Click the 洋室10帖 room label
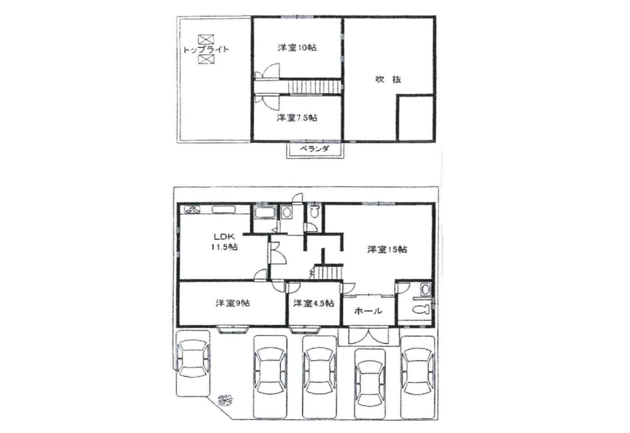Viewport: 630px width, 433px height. (297, 48)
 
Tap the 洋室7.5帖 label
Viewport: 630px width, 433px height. (297, 118)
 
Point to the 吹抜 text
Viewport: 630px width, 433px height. (388, 80)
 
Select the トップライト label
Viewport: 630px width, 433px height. (206, 50)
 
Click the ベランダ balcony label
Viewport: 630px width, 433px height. (314, 149)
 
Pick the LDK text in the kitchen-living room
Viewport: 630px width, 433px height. (224, 237)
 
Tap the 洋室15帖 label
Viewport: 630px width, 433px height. (387, 249)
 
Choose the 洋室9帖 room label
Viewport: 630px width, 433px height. (233, 303)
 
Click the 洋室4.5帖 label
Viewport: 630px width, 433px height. (314, 303)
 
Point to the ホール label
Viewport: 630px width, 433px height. (369, 311)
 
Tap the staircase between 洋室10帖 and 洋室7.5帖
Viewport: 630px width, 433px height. (315, 87)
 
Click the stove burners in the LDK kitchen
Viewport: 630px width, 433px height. (192, 210)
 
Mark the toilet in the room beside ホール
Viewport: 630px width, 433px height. (422, 310)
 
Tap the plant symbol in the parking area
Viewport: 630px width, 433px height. (225, 400)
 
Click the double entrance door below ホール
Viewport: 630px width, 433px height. (369, 335)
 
